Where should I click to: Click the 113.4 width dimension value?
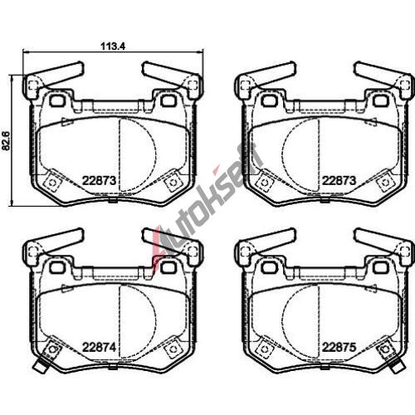click(113, 46)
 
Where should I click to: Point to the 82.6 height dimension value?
click(6, 141)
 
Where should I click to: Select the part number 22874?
click(99, 347)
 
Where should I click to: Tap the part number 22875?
click(339, 347)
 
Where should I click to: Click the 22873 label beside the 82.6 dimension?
click(99, 181)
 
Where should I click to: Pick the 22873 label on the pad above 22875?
click(339, 181)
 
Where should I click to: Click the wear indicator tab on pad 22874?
click(41, 364)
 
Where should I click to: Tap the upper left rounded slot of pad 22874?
click(57, 267)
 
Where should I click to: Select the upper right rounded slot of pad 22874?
click(168, 267)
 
